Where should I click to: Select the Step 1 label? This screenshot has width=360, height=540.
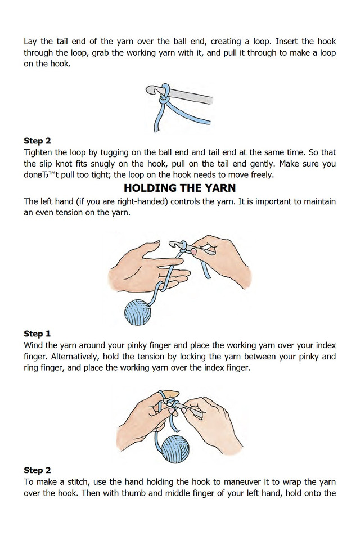[x=37, y=334]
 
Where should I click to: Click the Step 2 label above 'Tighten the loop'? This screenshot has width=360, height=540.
[x=37, y=141]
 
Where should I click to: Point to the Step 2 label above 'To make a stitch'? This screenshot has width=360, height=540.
[x=37, y=470]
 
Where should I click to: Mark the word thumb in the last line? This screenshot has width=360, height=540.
[x=133, y=493]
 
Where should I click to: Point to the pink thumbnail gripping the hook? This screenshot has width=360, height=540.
[x=194, y=252]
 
